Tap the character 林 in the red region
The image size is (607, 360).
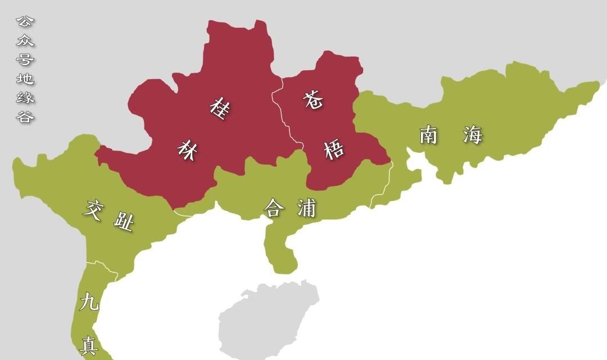[x=188, y=150]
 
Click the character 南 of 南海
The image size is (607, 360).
[x=428, y=135]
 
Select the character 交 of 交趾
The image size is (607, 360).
[x=94, y=209]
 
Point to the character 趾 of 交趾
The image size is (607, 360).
[x=124, y=223]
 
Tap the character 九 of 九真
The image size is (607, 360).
[x=89, y=303]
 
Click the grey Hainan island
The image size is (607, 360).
[x=264, y=320]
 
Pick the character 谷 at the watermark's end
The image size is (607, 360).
[x=25, y=117]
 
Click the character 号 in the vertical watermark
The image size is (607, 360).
[x=25, y=60]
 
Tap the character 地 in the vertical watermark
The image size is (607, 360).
[x=25, y=79]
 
